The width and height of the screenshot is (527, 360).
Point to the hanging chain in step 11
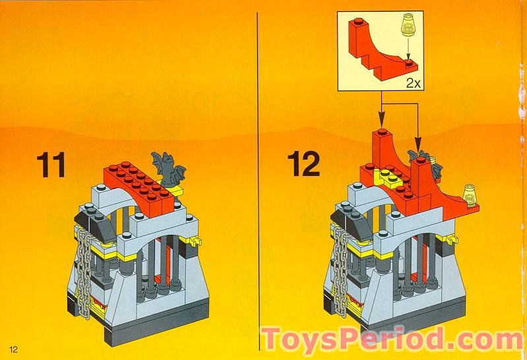[83, 270]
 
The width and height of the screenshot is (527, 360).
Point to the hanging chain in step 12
[341, 270]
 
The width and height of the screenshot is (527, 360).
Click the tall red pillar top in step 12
[381, 137]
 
